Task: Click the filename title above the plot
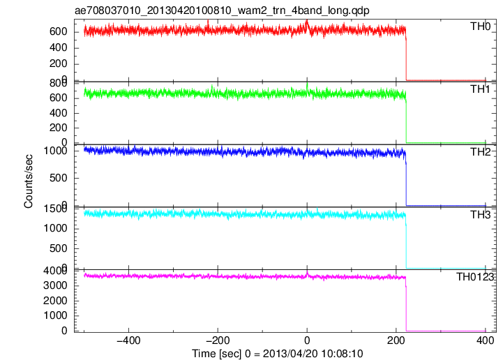click(222, 10)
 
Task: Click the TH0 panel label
click(480, 27)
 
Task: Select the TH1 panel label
click(480, 89)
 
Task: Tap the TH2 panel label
click(480, 152)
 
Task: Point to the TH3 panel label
click(480, 214)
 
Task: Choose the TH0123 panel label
click(475, 276)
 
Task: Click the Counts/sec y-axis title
click(28, 181)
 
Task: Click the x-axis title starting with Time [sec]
click(278, 354)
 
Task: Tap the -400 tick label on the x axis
click(128, 340)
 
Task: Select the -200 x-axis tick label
click(218, 340)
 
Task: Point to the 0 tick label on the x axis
click(307, 340)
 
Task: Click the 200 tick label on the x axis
click(396, 340)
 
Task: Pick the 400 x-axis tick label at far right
click(485, 340)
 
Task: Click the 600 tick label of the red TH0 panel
click(59, 31)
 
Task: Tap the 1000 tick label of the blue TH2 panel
click(56, 151)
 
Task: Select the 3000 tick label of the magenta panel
click(56, 285)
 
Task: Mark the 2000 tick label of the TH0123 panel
click(56, 301)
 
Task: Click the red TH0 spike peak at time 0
click(307, 20)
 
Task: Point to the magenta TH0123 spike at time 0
click(307, 272)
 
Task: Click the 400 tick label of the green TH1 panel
click(59, 113)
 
